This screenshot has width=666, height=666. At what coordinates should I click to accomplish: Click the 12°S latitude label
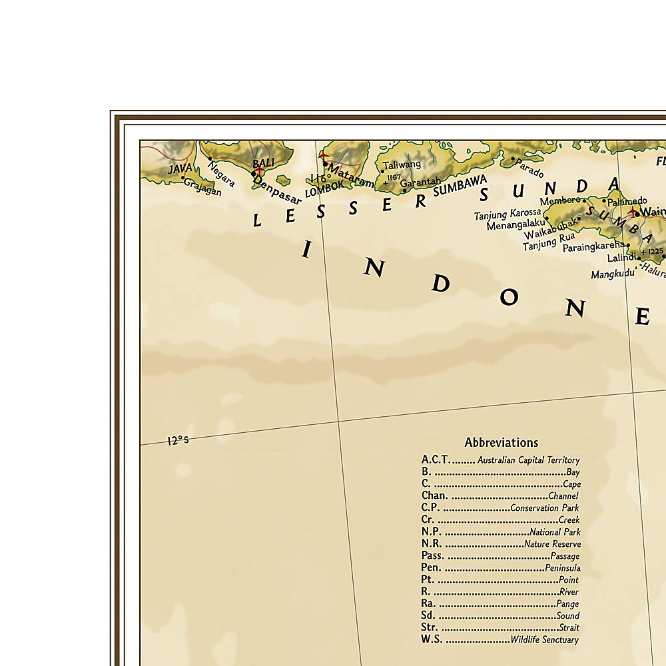pos(178,440)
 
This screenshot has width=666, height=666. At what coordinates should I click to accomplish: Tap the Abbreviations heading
pos(501,443)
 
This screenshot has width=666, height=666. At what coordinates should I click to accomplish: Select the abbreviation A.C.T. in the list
pos(436,460)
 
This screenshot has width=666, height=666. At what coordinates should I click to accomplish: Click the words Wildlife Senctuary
pos(545,640)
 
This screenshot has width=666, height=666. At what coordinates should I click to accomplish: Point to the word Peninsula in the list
pos(562,568)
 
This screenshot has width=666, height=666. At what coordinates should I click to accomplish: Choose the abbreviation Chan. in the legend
pos(434,496)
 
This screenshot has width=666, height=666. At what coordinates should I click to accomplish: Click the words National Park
pos(555,532)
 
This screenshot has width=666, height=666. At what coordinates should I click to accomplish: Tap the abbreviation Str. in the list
pos(430,627)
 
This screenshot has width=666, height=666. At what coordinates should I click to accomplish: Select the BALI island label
pos(262,163)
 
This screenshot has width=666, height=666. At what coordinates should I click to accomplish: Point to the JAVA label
pos(180,169)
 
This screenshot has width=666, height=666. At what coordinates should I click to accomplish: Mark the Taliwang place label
pos(402,165)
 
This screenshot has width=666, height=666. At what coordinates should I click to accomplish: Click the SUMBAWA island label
pos(460,184)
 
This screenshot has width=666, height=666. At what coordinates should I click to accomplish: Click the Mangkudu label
pos(612,274)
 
